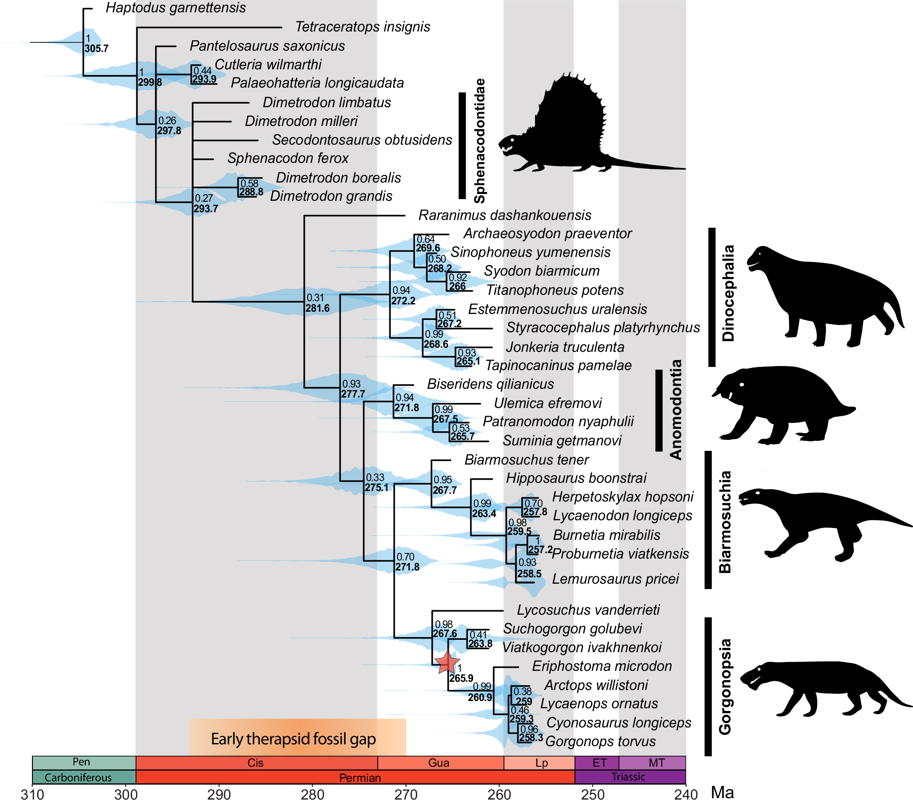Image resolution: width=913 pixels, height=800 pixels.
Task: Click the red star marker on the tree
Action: tap(446, 662)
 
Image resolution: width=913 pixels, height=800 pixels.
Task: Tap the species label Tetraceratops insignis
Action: tap(362, 27)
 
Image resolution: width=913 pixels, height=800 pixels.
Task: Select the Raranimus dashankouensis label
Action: tap(504, 215)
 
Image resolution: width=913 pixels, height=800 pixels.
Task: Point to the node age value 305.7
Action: tap(96, 48)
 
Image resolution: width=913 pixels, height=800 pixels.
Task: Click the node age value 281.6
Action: tap(317, 308)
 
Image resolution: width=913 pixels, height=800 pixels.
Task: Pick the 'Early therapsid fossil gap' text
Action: tap(293, 738)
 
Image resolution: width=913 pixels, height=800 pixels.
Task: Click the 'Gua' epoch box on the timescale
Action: tap(439, 763)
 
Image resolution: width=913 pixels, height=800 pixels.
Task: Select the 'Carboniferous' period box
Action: tap(78, 777)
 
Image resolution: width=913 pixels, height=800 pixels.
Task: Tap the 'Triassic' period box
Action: tap(629, 777)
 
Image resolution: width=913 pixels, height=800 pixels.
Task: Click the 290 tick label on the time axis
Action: tap(219, 794)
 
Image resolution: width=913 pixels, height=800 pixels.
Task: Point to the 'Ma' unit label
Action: tap(722, 793)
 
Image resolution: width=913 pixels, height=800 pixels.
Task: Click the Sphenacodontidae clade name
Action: tap(480, 141)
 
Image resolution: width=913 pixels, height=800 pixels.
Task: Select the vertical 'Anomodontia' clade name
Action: tap(676, 409)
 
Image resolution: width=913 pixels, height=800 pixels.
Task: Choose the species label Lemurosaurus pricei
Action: tap(615, 579)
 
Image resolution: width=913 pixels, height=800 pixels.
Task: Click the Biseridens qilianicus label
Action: tap(490, 384)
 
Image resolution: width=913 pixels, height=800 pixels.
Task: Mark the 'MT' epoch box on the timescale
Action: tap(656, 763)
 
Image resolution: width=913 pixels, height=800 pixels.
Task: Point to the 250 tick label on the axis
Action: tap(593, 794)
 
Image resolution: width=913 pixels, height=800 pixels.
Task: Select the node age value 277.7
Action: tap(353, 394)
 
